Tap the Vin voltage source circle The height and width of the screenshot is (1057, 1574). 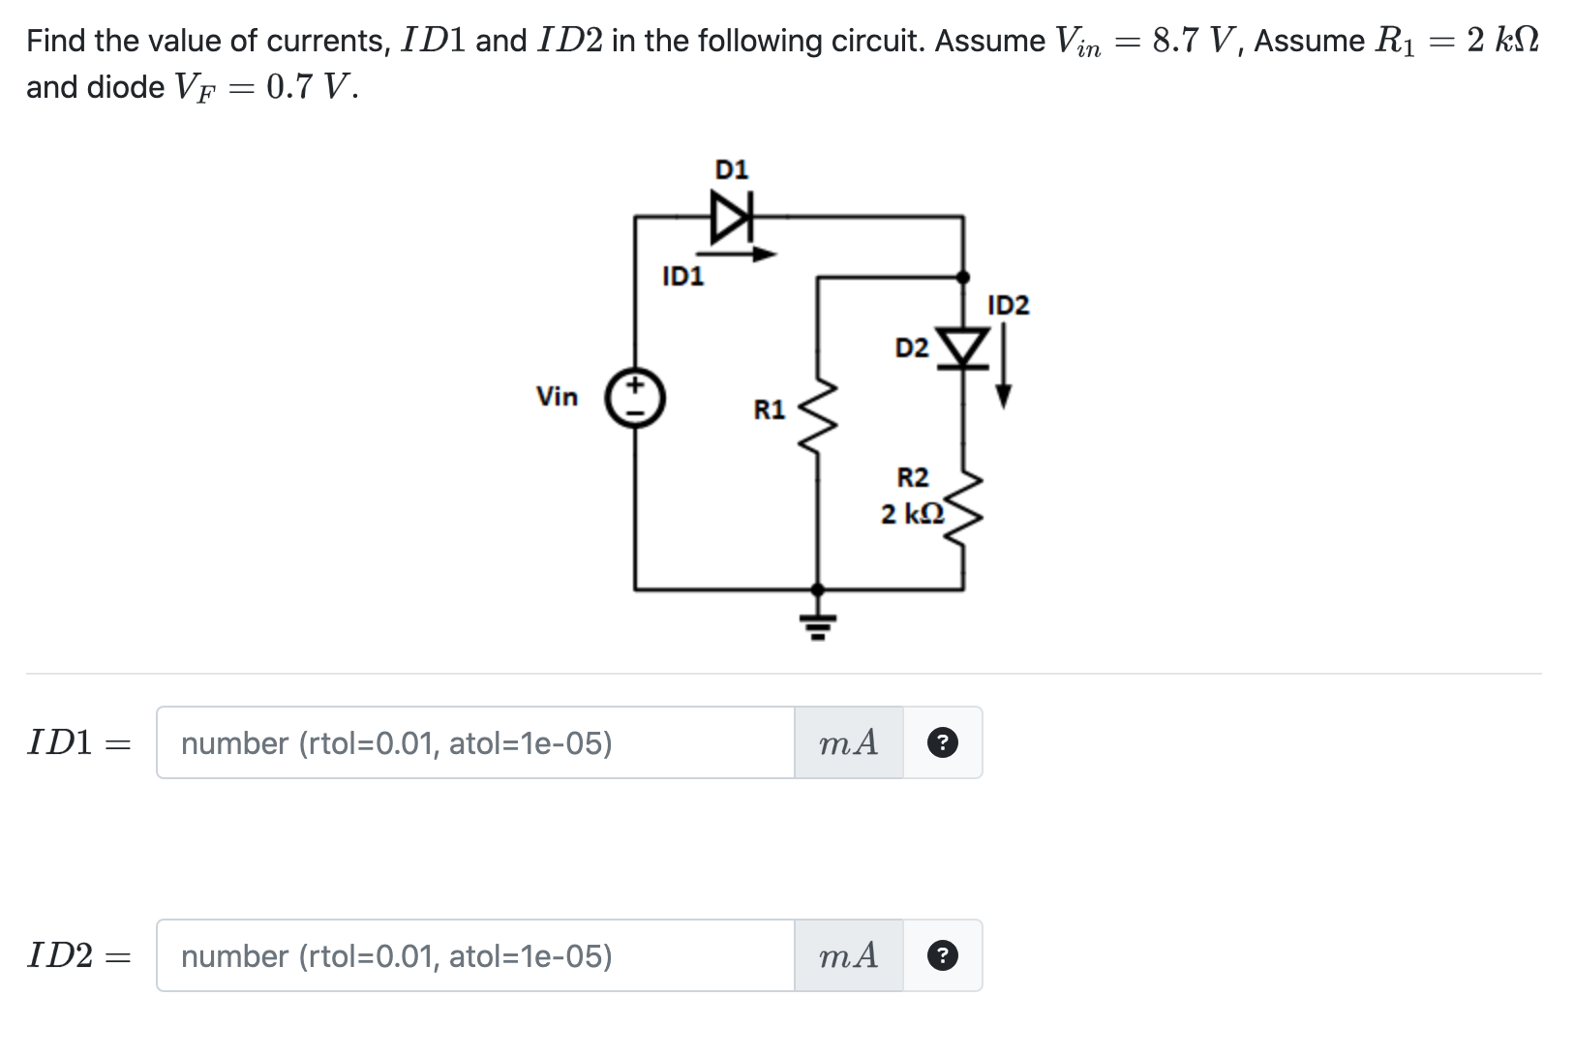point(635,398)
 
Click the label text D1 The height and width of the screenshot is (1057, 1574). point(731,170)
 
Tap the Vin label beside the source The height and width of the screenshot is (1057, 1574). point(557,396)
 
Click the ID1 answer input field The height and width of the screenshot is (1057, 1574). point(474,742)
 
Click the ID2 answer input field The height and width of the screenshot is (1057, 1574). point(474,955)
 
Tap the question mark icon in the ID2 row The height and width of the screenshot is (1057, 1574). point(942,955)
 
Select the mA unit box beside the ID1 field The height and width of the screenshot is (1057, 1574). point(848,742)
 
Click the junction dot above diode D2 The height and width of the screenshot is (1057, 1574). point(963,277)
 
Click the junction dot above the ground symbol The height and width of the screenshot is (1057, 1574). point(819,589)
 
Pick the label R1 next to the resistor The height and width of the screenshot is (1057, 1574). point(769,410)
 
